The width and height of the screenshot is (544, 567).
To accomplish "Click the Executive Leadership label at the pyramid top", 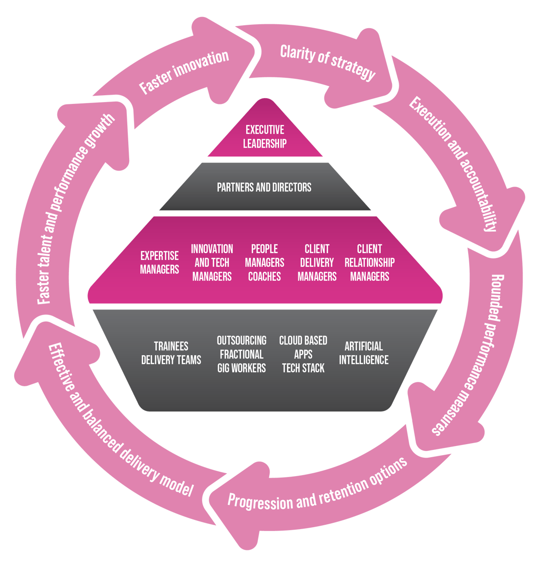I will pyautogui.click(x=265, y=137).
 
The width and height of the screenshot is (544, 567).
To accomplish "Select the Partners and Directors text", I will pyautogui.click(x=264, y=187).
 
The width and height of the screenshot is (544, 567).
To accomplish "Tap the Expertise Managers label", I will pyautogui.click(x=159, y=262).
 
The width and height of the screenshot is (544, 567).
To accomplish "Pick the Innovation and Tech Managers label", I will pyautogui.click(x=212, y=262).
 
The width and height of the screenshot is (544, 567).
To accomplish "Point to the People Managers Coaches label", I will pyautogui.click(x=265, y=262).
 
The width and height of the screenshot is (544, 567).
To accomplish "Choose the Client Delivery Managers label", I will pyautogui.click(x=317, y=262).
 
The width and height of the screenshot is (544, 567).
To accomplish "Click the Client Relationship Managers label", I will pyautogui.click(x=370, y=262).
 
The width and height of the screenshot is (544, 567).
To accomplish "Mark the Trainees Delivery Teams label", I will pyautogui.click(x=171, y=353).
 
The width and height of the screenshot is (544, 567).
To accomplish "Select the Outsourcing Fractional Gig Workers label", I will pyautogui.click(x=241, y=354).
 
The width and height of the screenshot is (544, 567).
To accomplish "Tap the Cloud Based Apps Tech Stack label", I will pyautogui.click(x=303, y=354).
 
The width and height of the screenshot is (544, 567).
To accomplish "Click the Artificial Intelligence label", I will pyautogui.click(x=364, y=353).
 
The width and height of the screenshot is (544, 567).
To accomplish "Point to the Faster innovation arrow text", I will pyautogui.click(x=184, y=71).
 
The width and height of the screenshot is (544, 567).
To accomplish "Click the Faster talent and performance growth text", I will pyautogui.click(x=77, y=209).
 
